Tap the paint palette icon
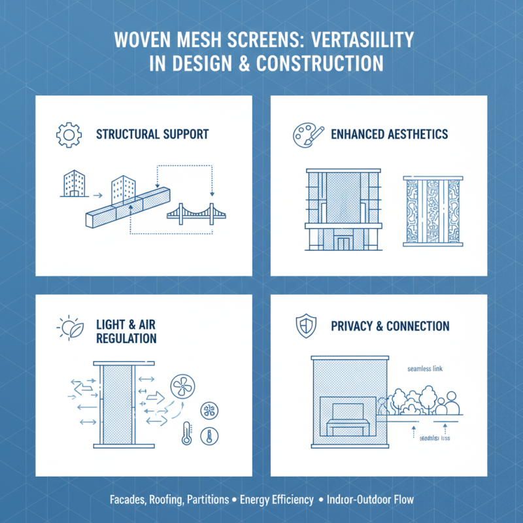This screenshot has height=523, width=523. pyautogui.click(x=303, y=135)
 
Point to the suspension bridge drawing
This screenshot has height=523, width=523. pyautogui.click(x=192, y=213)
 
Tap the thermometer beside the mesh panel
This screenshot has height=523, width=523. pyautogui.click(x=186, y=433)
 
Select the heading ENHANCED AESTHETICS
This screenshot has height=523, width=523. pyautogui.click(x=390, y=134)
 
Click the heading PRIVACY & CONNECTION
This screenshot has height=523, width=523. pyautogui.click(x=390, y=326)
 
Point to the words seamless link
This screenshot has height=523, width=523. pyautogui.click(x=424, y=369)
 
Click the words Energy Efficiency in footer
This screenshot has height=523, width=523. pyautogui.click(x=277, y=500)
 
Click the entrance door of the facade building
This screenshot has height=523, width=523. pyautogui.click(x=343, y=243)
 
